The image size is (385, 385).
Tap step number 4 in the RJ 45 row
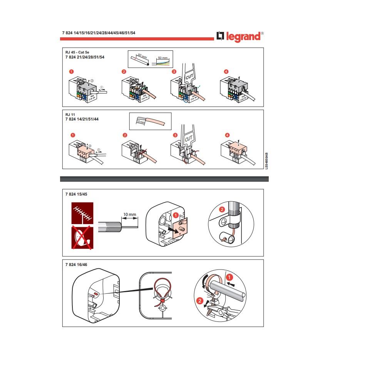point(226,72)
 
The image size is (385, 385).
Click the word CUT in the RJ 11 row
point(189,138)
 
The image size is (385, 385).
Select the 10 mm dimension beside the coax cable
point(129,214)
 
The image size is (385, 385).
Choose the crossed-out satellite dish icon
point(82,237)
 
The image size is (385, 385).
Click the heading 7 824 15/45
point(77,194)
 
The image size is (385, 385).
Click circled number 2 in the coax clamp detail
point(222,210)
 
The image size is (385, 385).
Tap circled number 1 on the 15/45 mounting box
point(176,215)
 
